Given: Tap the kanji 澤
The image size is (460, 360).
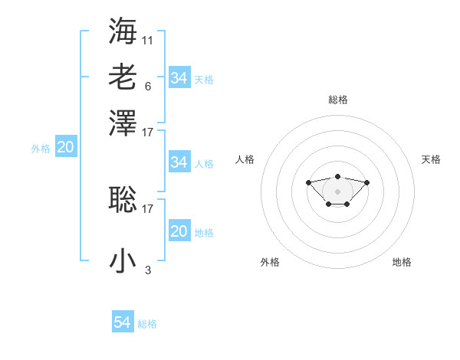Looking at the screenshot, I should pos(123,123).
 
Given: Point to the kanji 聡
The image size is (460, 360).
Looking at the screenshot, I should pos(123,198).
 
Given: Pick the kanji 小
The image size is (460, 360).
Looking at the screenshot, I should pos(123,260).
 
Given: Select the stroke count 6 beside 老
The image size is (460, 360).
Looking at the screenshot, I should pos(147,86).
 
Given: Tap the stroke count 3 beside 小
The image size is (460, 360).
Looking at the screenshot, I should pos(148,270).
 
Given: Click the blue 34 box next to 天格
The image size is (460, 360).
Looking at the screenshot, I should pos(179,78).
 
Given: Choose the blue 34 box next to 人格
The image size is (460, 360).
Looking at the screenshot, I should pos(179,162).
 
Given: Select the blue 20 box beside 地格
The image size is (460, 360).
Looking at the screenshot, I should pos(179,231).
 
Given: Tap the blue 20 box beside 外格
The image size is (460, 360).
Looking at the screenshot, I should pos(65,148).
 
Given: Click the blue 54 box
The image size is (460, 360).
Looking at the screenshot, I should pos(122,322).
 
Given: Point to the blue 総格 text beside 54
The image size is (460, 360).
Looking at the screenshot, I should pos(147,324).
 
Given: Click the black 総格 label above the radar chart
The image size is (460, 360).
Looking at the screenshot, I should pos(337,100).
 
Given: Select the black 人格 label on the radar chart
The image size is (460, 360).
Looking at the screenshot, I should pos(245,159).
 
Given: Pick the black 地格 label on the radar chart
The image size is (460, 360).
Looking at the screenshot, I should pos(402,262).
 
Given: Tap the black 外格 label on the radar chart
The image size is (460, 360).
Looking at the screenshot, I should pos(270,262).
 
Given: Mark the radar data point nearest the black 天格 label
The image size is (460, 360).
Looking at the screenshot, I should pos(367,182).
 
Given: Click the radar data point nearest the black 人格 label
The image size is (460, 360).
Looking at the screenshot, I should pos(308,182).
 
